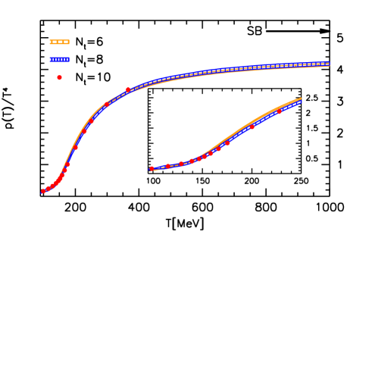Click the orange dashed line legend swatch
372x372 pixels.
click(59, 42)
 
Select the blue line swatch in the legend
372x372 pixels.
click(59, 59)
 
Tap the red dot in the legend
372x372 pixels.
click(59, 77)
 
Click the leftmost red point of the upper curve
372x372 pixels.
click(43, 191)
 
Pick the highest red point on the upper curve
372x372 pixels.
click(128, 90)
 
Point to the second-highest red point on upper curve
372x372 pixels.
click(107, 105)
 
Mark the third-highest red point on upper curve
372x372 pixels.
click(91, 120)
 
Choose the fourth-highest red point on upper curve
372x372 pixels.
click(84, 131)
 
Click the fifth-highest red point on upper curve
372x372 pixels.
click(76, 147)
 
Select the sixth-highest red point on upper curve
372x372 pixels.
click(68, 164)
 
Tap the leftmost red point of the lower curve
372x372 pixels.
click(152, 168)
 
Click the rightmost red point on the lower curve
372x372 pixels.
click(279, 111)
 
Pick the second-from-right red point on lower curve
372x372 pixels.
click(252, 127)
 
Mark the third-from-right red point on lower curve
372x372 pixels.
click(227, 142)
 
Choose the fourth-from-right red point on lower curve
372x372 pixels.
click(219, 148)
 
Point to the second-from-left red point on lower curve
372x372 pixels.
click(167, 166)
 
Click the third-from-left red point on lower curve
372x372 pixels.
click(181, 164)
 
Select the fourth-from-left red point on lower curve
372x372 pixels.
click(191, 161)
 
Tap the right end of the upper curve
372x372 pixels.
click(329, 64)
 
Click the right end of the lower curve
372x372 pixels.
click(301, 100)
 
